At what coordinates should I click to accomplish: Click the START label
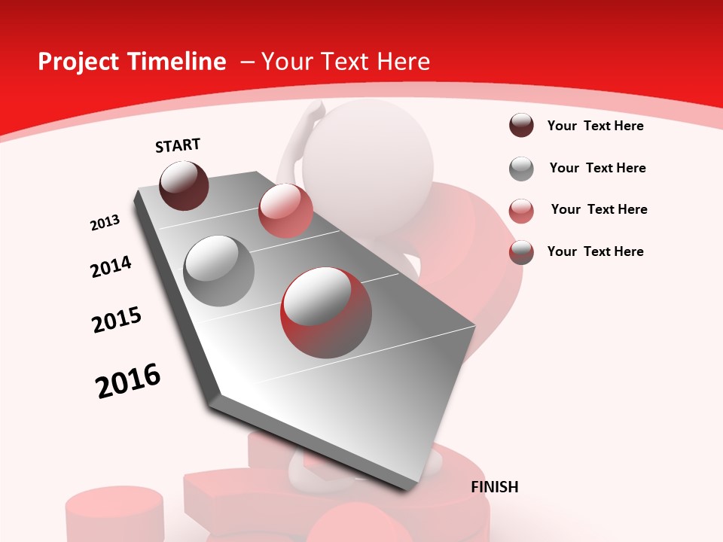tap(178, 145)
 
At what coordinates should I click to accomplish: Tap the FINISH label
tap(495, 487)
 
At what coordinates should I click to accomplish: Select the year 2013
tap(105, 223)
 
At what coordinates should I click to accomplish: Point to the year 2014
tap(111, 266)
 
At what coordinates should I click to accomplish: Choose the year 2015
tap(117, 320)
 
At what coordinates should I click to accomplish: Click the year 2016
tap(128, 381)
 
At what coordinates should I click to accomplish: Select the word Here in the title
tap(403, 62)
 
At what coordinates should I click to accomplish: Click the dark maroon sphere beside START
tap(184, 185)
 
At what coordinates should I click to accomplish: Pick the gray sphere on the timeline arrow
tap(218, 270)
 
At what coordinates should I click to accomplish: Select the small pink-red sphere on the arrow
tap(285, 210)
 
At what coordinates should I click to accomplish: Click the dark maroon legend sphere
tap(521, 126)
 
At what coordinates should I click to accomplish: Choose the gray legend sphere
tap(521, 169)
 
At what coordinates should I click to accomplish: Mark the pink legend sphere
tap(521, 211)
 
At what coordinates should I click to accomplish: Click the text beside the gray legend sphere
tap(597, 168)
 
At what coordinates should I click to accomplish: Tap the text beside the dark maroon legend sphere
tap(595, 126)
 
